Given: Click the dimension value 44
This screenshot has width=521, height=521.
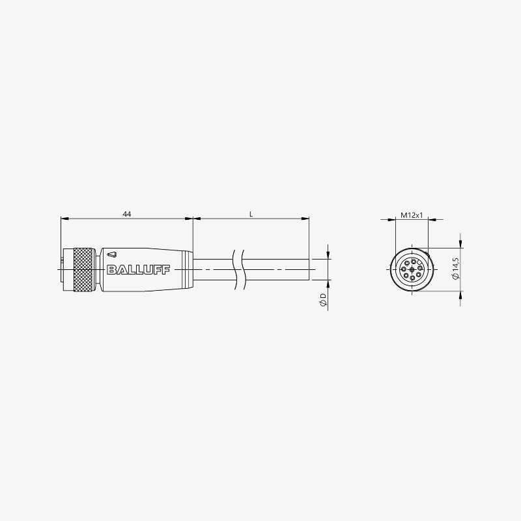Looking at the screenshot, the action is tap(127, 214).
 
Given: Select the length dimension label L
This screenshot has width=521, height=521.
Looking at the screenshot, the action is tap(251, 214).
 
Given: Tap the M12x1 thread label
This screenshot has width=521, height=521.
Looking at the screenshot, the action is tap(412, 215).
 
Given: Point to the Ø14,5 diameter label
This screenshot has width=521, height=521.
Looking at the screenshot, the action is tap(455, 269).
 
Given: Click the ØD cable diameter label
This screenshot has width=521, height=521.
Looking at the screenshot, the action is tap(323, 300).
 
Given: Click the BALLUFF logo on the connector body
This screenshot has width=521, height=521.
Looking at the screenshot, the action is tap(139, 269).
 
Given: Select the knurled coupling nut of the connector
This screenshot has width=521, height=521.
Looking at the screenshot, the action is tap(83, 269).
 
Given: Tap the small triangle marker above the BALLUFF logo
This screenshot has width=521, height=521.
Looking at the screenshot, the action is tap(112, 255).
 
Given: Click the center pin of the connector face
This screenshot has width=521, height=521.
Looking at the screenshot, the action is tap(412, 269).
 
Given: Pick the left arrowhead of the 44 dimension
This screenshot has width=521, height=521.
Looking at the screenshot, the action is tap(64, 219).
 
